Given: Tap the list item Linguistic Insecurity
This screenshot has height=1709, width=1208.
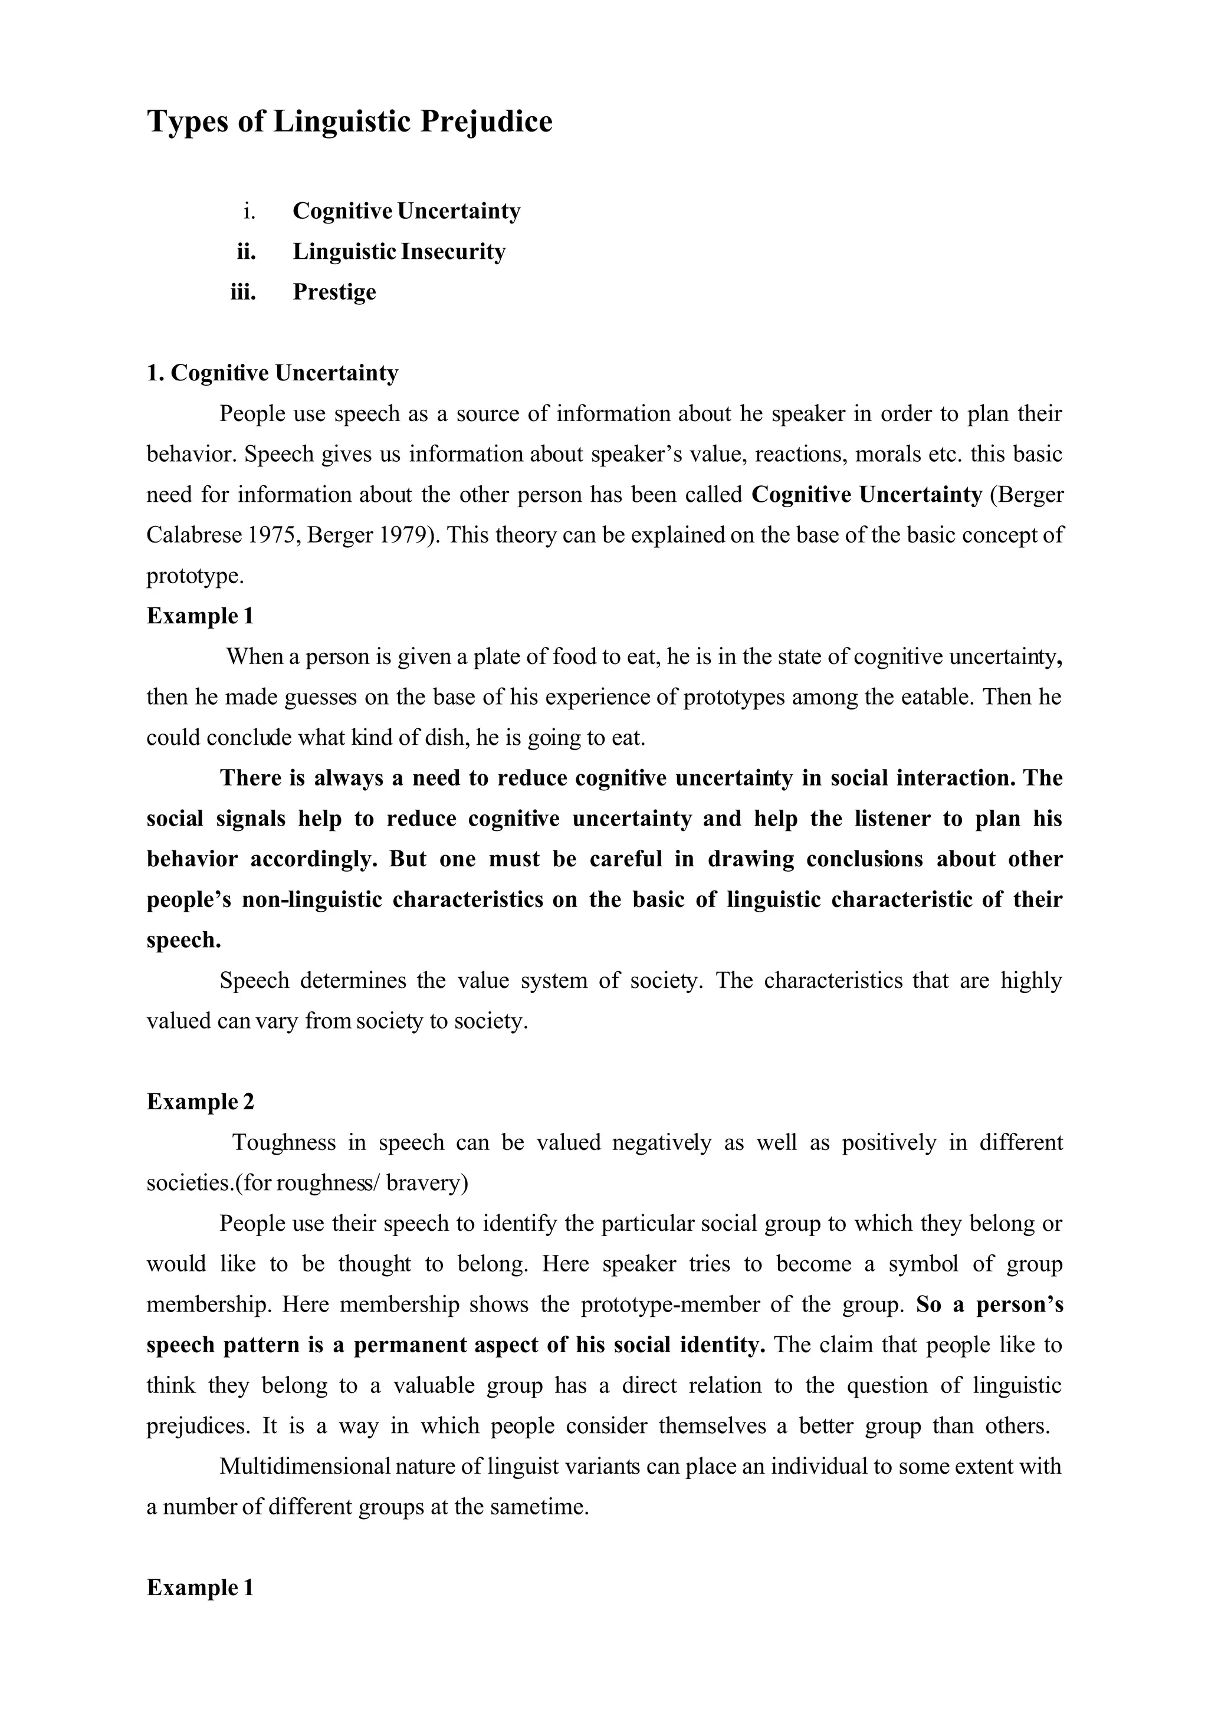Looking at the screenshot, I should click(399, 252).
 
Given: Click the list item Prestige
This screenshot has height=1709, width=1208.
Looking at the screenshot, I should click(334, 292).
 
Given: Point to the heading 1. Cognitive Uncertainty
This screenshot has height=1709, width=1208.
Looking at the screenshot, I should click(273, 373).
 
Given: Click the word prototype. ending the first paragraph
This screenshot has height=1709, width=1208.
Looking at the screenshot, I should click(195, 576).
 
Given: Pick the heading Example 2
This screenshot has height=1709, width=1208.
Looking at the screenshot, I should click(200, 1102).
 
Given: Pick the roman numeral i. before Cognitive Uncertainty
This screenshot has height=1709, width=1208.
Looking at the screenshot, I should click(250, 211).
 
